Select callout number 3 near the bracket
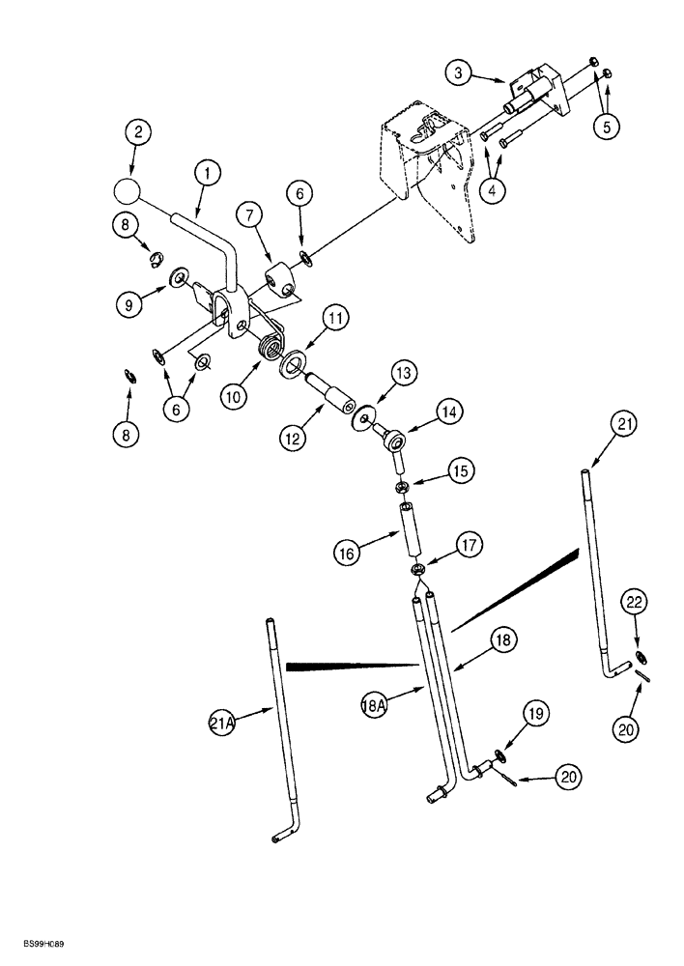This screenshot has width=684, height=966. (x=460, y=72)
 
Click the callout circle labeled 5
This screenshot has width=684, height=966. (x=605, y=125)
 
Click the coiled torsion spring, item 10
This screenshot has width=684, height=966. (x=269, y=344)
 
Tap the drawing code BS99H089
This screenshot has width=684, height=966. (x=40, y=951)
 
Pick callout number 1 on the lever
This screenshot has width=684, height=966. (x=206, y=175)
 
